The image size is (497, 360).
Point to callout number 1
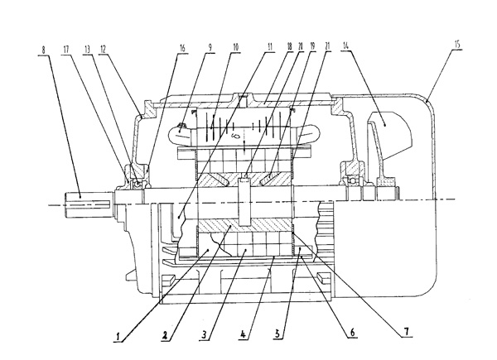click(119, 337)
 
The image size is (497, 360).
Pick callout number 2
click(165, 337)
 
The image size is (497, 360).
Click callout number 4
click(244, 337)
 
